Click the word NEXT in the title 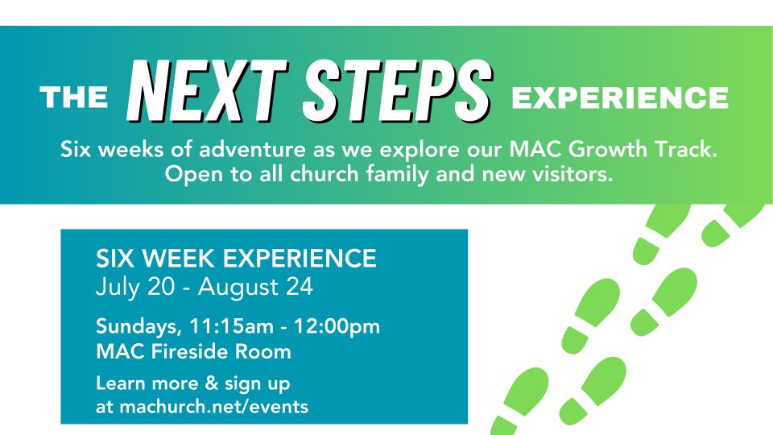click(207, 91)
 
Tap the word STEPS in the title click(397, 91)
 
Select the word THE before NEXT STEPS click(74, 97)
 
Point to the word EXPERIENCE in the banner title click(620, 97)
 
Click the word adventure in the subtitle click(252, 149)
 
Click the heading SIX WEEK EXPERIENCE click(236, 259)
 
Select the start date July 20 click(135, 287)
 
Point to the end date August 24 click(255, 287)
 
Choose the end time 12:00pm click(337, 327)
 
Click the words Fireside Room click(221, 352)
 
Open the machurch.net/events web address click(214, 407)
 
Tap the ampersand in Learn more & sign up click(211, 383)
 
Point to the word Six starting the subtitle click(76, 149)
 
